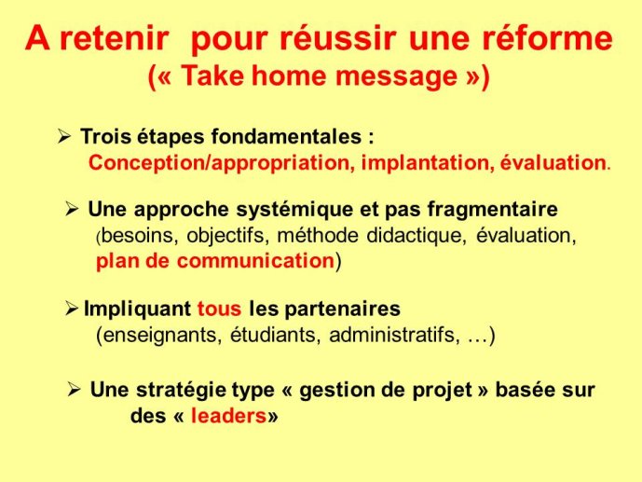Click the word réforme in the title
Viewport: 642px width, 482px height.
coord(547,37)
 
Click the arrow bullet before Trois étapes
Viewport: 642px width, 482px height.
coord(64,136)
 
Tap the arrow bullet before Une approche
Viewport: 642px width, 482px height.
coord(72,209)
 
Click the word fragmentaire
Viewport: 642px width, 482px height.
coord(493,210)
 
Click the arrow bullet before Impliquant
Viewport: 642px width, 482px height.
coord(71,309)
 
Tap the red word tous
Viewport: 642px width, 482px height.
coord(220,309)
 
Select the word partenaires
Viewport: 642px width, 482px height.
coord(342,310)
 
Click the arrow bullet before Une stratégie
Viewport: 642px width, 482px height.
coord(75,389)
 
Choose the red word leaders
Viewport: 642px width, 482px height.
coord(229,416)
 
